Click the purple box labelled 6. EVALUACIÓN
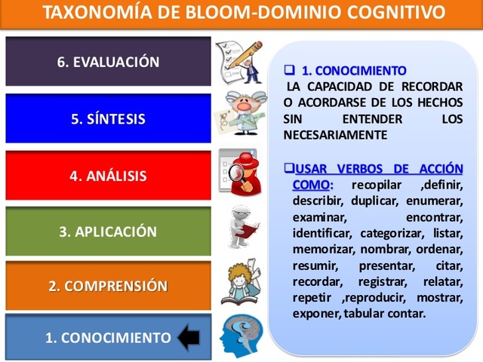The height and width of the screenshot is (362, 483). tap(108, 62)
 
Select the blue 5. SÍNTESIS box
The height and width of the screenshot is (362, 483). tap(108, 118)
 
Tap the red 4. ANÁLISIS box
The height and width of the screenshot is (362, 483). tap(108, 176)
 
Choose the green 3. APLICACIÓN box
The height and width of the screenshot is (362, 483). tap(108, 232)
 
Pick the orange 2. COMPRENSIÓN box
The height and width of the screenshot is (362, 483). tap(108, 287)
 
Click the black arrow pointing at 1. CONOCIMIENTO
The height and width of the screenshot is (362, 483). tap(188, 336)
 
